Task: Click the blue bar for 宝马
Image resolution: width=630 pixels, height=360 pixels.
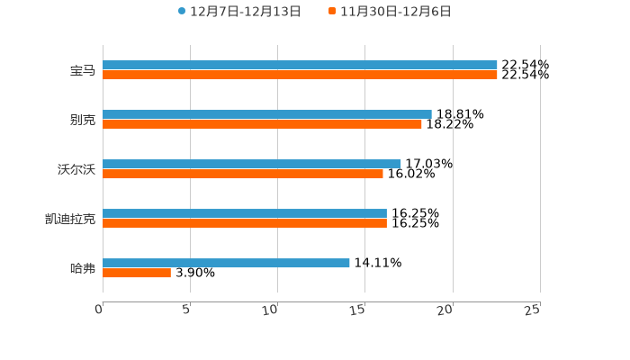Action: click(300, 65)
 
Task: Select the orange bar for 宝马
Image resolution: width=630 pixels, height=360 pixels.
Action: click(300, 76)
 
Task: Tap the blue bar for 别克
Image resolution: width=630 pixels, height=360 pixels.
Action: click(267, 114)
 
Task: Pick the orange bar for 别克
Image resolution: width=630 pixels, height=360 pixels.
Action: click(262, 125)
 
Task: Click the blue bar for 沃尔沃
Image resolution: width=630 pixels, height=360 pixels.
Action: click(252, 164)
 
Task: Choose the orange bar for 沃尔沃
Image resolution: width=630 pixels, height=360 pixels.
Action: click(243, 175)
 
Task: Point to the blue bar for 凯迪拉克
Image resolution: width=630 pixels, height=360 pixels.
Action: click(245, 213)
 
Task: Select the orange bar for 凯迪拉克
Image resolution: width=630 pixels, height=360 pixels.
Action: click(245, 224)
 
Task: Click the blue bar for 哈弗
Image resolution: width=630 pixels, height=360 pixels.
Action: click(226, 263)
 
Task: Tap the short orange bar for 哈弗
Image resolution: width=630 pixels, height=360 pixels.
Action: click(137, 274)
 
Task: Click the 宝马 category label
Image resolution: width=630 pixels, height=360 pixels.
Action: click(83, 70)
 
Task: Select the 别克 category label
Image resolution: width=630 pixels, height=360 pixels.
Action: click(83, 120)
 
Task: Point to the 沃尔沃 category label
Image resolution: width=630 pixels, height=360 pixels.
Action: click(76, 169)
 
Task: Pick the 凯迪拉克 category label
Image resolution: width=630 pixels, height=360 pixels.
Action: click(70, 219)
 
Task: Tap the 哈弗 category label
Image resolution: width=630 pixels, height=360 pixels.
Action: click(83, 268)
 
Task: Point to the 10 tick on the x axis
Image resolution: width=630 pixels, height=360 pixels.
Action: click(270, 310)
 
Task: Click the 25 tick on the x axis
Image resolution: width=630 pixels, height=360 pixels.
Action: click(533, 310)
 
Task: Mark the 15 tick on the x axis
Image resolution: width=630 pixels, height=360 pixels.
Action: click(357, 310)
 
